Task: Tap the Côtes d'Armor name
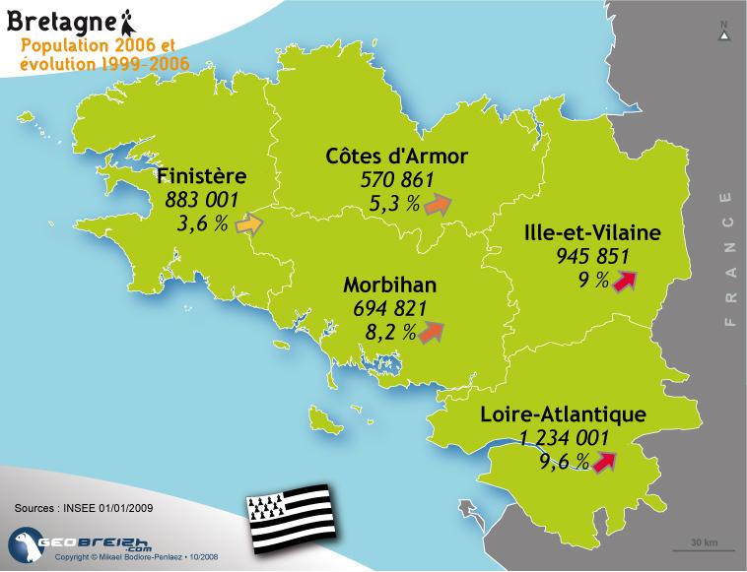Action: pos(396,157)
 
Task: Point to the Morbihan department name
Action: pos(390,286)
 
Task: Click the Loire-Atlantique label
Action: pos(563,414)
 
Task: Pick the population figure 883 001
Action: pos(202,202)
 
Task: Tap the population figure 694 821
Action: pos(390,309)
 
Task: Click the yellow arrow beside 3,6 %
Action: pos(249,224)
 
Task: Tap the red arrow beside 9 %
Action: pos(622,283)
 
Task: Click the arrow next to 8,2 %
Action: pos(430,333)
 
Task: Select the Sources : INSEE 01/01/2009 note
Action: pos(84,509)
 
